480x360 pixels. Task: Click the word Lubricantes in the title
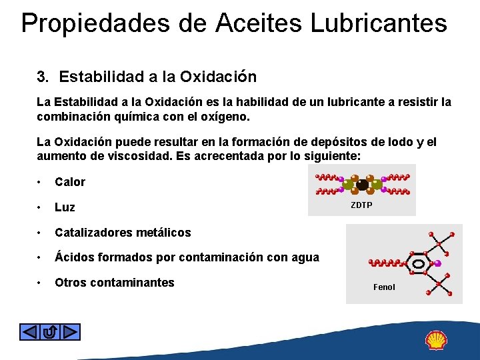pos(378,23)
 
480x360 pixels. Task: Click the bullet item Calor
pos(70,182)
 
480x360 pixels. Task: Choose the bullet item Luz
pos(65,207)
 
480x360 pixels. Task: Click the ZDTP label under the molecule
pos(361,205)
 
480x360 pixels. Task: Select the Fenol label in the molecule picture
pos(384,287)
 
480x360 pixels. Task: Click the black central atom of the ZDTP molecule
pos(362,185)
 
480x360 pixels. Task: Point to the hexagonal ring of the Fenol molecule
pos(418,264)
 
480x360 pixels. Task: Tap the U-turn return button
pos(50,331)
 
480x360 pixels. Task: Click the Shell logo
pos(437,341)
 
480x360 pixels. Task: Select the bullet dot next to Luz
pos(41,207)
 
